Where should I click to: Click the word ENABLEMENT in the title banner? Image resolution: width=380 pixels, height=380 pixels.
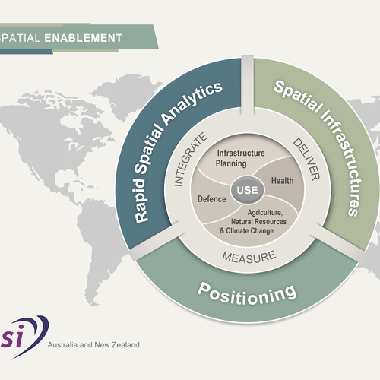click(x=93, y=36)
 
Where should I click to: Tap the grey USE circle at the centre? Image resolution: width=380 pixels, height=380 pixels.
click(x=245, y=188)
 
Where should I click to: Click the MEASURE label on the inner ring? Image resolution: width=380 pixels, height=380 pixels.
click(x=246, y=258)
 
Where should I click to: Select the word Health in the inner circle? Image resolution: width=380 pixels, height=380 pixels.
click(x=281, y=181)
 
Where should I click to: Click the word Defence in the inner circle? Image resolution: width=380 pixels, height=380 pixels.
click(x=212, y=199)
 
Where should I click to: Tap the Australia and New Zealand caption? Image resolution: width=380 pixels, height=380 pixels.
click(x=93, y=344)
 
